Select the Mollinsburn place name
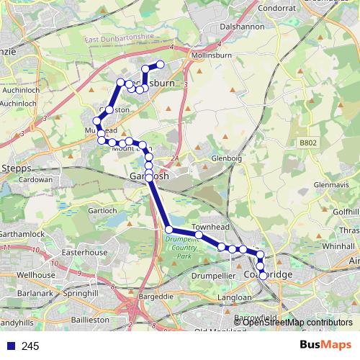(210, 55)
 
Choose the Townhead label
(211, 226)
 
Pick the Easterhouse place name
(85, 253)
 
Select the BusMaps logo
(326, 346)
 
